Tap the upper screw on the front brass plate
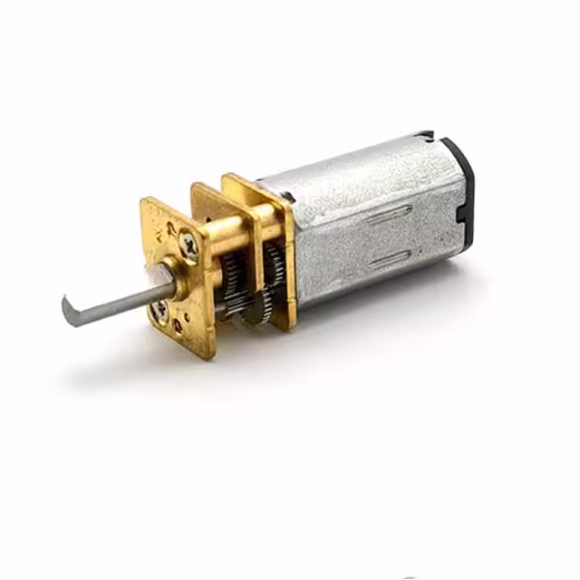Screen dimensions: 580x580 (189, 243)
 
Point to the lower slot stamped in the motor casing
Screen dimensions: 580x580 (392, 259)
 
